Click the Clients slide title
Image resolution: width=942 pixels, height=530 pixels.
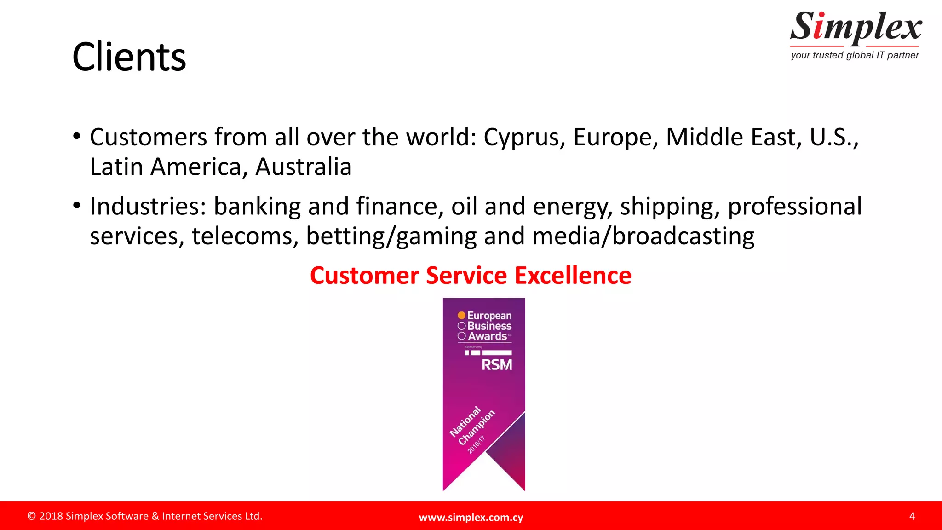[x=129, y=57]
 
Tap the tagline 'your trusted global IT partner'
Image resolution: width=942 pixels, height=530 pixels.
[x=855, y=55]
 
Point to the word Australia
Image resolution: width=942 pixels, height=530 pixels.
[x=304, y=167]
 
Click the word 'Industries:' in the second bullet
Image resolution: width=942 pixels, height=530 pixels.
[x=148, y=207]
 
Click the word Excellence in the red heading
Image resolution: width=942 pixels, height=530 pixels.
[x=573, y=276]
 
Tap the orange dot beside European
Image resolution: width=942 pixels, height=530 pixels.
[x=461, y=316]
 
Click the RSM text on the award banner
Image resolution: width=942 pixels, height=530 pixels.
[x=496, y=365]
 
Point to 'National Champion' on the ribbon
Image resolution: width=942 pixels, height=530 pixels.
[x=472, y=426]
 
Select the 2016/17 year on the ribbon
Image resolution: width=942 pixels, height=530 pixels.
[x=476, y=445]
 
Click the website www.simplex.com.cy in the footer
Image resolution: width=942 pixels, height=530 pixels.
[x=471, y=517]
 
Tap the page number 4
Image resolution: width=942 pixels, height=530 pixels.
[x=912, y=516]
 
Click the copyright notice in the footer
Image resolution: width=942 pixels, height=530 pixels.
[x=145, y=516]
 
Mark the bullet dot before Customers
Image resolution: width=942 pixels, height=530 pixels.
[x=77, y=137]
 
